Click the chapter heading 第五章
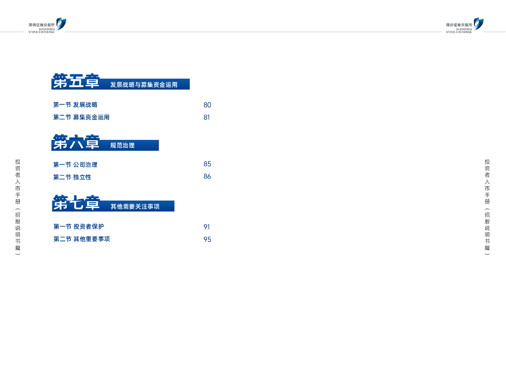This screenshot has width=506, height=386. point(76,82)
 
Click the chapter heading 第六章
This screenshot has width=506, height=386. point(76,143)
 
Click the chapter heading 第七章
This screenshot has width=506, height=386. point(76,203)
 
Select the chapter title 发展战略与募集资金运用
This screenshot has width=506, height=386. point(144,85)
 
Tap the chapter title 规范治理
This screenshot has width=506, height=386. point(123,146)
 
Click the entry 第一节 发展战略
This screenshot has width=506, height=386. point(75,105)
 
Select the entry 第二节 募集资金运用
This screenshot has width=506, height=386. point(81,118)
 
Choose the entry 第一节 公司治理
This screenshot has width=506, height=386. point(75,165)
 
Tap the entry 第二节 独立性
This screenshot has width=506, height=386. point(72,177)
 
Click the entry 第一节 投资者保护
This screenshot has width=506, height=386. point(79,227)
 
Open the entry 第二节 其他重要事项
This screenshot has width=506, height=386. point(82,239)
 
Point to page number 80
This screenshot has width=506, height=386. point(207,105)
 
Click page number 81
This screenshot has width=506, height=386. point(207,118)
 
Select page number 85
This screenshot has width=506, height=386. point(207,164)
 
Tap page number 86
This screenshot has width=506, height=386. point(207,176)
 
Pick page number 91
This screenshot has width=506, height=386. point(207,227)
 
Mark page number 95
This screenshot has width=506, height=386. point(207,239)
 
